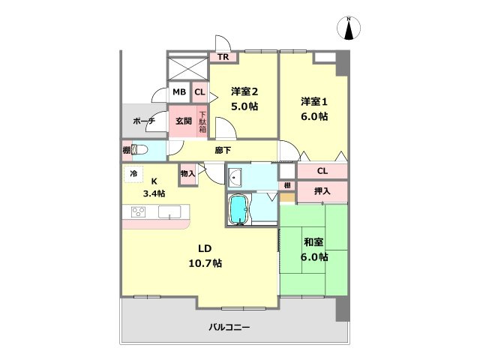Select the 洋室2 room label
244,92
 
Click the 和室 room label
313,242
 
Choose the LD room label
205,248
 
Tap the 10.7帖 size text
205,263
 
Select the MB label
179,92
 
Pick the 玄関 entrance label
184,120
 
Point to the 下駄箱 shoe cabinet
202,122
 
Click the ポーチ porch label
143,120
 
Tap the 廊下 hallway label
222,150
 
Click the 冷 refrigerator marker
133,174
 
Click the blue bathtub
238,209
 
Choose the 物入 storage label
187,174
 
